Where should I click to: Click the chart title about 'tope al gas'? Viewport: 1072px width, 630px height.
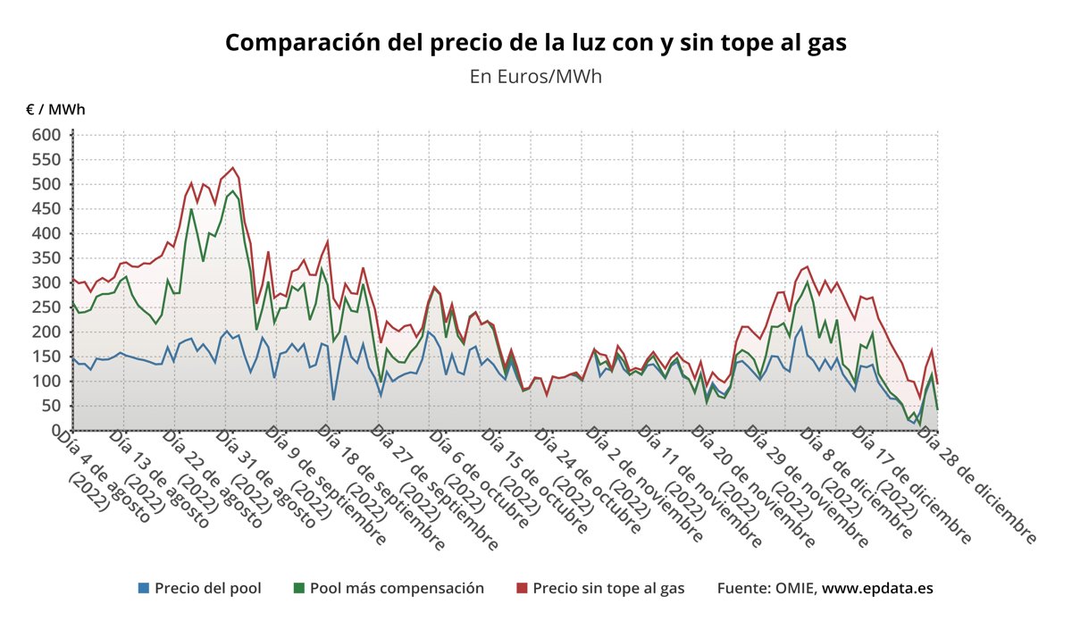pos(535,42)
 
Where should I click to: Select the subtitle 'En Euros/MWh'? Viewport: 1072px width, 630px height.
pos(535,76)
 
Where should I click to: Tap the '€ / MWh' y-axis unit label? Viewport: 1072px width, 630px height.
pos(55,110)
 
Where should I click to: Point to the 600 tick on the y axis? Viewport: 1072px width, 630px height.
pos(46,135)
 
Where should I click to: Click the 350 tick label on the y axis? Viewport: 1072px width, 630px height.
pos(46,258)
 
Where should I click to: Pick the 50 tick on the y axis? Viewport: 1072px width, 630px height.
pos(51,406)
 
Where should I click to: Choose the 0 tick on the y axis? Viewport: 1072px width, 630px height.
pos(55,430)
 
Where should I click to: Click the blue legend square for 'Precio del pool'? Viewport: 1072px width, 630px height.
pos(144,588)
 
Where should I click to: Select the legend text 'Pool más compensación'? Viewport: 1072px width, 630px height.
pos(397,588)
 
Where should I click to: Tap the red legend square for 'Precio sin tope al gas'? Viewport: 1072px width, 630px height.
pos(523,588)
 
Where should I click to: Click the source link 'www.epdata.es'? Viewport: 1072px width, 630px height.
pos(877,588)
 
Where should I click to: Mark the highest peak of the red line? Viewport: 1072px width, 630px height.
pos(233,168)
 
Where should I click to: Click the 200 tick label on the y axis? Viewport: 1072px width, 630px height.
pos(46,332)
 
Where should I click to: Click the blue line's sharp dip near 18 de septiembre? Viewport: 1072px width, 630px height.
pos(333,399)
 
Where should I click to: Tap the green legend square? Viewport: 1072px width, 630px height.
pos(299,588)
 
